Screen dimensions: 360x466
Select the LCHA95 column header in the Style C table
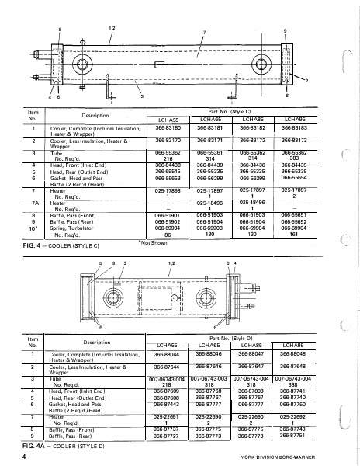click(x=294, y=118)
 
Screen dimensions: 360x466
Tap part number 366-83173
click(x=294, y=141)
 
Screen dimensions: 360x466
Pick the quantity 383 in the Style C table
click(x=294, y=158)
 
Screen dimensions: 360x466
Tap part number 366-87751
click(x=292, y=437)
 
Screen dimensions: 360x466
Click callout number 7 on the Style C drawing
click(x=204, y=32)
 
